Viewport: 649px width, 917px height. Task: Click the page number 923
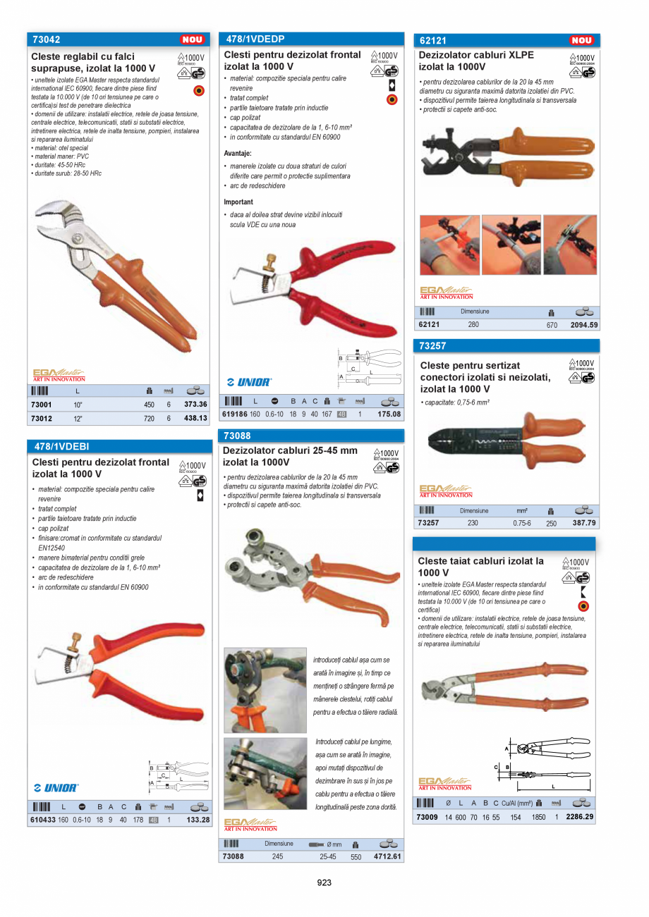point(324,882)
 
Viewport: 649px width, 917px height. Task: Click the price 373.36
point(195,405)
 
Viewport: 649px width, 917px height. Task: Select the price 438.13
point(195,418)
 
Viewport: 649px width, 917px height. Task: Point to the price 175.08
point(389,414)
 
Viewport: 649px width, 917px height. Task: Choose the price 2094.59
point(584,325)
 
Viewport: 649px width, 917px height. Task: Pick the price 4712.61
point(388,856)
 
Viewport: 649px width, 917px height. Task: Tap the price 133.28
point(197,820)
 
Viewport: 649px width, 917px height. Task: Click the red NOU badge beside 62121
point(582,41)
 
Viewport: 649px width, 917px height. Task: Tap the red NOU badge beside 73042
point(193,40)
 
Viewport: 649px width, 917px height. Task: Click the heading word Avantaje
point(238,153)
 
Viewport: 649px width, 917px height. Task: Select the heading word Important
point(238,202)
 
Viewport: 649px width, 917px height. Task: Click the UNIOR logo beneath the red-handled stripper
point(249,382)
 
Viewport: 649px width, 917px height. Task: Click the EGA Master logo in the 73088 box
point(250,824)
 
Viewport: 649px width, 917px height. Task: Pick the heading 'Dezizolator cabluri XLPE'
point(476,55)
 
